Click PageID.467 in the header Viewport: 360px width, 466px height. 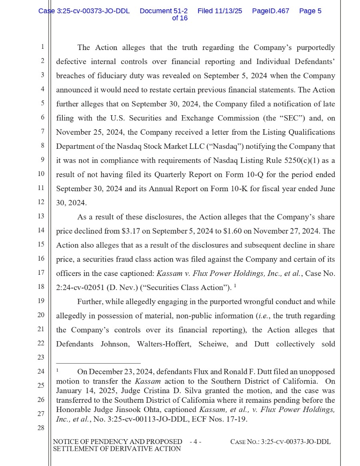[270, 11]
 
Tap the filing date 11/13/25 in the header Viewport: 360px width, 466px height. [228, 11]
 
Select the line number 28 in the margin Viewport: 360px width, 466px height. [41, 428]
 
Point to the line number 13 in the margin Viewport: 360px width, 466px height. [41, 216]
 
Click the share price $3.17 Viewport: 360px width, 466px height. [131, 231]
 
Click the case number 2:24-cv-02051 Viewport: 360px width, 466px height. [80, 288]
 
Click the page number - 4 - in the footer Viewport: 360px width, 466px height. [195, 442]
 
